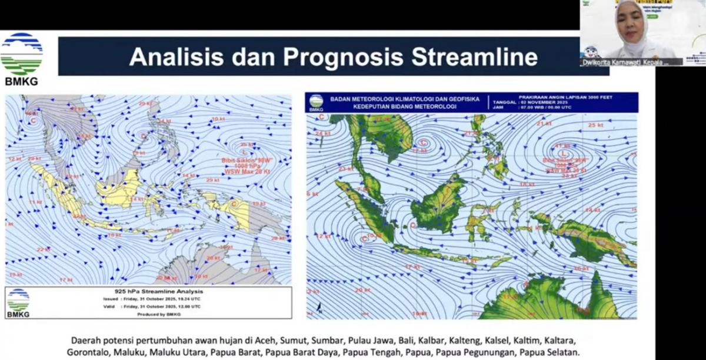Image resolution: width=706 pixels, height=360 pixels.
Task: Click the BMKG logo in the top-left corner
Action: click(22, 58)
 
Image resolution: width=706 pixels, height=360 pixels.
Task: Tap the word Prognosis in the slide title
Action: click(342, 57)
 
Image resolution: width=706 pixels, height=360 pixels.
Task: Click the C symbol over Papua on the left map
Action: click(234, 204)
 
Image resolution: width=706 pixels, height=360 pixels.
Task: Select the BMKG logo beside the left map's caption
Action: click(18, 302)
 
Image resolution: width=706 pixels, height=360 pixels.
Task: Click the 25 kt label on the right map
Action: click(595, 125)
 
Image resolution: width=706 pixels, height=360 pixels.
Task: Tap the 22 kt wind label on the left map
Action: click(43, 250)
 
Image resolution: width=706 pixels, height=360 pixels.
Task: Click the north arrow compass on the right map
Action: click(318, 308)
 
